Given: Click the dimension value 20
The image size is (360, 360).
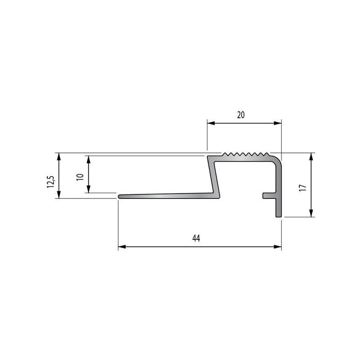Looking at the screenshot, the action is coord(241,115).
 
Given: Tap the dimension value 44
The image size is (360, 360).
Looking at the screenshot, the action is coord(196,238).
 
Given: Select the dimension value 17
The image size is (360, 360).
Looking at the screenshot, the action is coord(303,188).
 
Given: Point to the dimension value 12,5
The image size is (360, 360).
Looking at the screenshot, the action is coord(50,182).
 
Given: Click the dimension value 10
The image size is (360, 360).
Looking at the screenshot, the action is coord(80,177).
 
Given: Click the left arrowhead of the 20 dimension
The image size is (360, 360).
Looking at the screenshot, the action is coord(211,123).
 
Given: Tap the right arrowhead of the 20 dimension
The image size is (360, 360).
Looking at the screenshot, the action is coord(278,123).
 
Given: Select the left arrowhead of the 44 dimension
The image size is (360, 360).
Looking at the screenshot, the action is coord(122,247).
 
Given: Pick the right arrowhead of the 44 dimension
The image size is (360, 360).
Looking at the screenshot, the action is coord(278,247).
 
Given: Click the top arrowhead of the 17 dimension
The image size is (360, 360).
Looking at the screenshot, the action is coord(311,157).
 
